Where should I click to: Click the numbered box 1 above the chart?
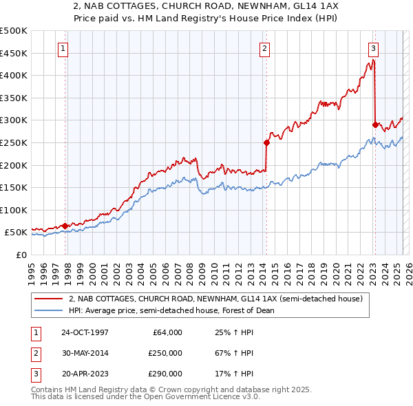click(63, 48)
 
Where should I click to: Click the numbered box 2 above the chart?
click(264, 48)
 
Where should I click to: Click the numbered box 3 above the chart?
click(372, 48)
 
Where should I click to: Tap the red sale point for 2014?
click(266, 142)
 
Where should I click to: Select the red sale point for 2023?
click(375, 125)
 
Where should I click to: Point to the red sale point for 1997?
click(65, 226)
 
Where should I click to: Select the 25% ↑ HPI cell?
click(235, 332)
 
